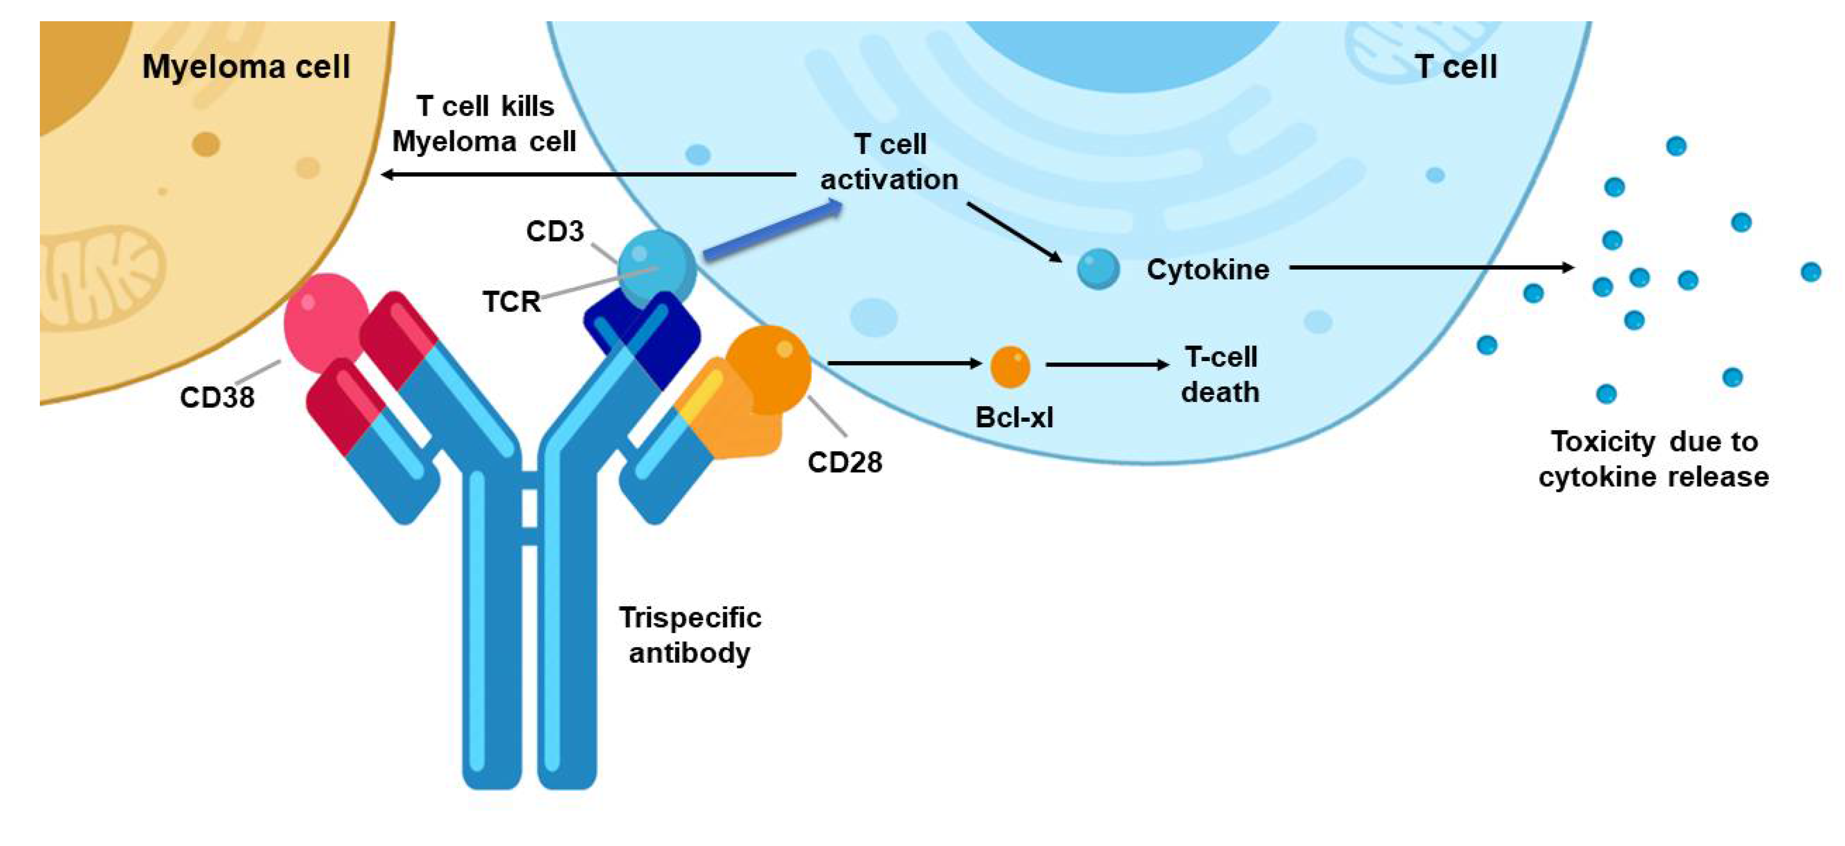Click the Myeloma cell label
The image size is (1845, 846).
click(246, 67)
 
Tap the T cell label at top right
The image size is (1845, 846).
click(1455, 67)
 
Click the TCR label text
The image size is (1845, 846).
click(511, 302)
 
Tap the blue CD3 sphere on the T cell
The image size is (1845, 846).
click(655, 267)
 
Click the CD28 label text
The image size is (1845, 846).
click(845, 462)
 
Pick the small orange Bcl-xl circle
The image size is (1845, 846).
click(1010, 367)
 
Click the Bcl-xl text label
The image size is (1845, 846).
click(1014, 417)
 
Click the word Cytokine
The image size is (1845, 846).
click(1207, 269)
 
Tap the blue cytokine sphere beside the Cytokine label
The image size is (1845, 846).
click(1098, 269)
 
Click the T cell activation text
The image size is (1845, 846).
click(889, 162)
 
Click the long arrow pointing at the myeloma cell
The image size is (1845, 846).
click(587, 174)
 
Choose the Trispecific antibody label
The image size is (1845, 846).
click(690, 635)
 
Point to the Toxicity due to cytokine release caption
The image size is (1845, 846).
click(1654, 459)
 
